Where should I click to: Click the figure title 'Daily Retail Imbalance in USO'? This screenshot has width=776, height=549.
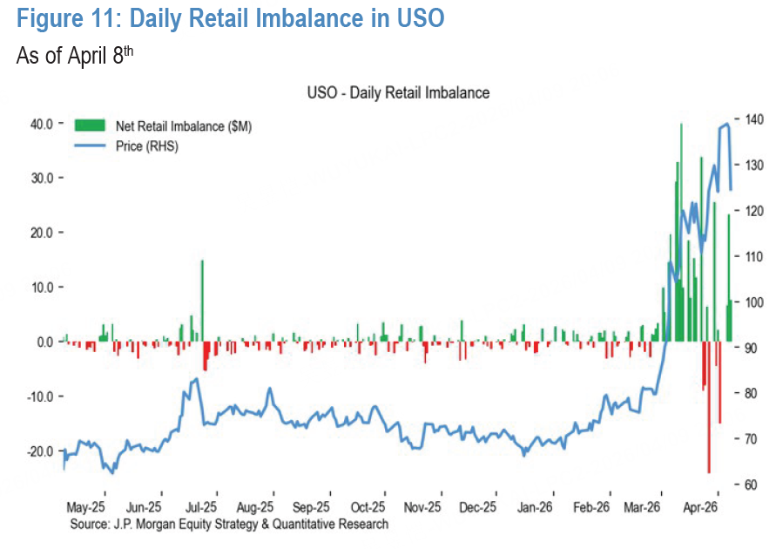click(231, 18)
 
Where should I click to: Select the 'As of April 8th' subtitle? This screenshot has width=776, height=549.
click(75, 56)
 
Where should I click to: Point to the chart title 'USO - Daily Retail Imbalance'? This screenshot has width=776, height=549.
click(398, 92)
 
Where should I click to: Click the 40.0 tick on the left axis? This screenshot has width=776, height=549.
click(42, 123)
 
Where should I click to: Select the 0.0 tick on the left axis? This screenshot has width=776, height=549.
click(44, 342)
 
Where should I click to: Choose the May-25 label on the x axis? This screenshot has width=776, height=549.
click(85, 505)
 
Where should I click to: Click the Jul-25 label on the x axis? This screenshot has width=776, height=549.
click(200, 505)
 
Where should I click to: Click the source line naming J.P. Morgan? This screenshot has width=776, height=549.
click(230, 524)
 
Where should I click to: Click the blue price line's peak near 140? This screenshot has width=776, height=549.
click(727, 125)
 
